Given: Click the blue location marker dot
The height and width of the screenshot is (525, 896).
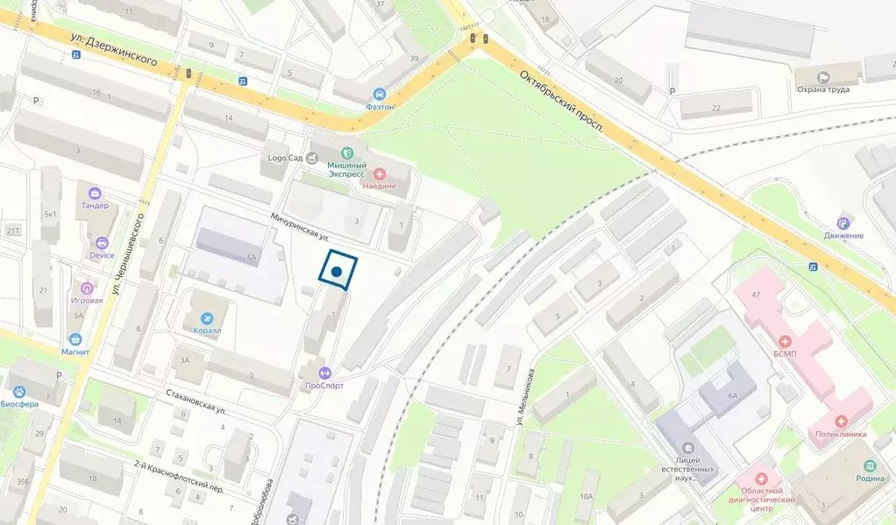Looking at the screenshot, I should [x=336, y=273].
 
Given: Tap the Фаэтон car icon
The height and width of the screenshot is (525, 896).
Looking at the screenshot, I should [x=380, y=94].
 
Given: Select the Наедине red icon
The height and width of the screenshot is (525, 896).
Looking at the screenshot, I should [x=380, y=172].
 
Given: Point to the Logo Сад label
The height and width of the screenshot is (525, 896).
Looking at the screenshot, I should [x=284, y=159].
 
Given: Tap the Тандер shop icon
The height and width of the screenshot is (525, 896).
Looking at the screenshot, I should [x=95, y=193].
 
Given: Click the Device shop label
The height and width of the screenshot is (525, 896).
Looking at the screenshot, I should [x=102, y=255].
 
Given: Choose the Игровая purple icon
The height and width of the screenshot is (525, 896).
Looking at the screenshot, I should [x=87, y=287].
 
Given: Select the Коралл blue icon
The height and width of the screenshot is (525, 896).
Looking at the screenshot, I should [x=207, y=318].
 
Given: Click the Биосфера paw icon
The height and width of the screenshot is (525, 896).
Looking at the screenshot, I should [x=19, y=391].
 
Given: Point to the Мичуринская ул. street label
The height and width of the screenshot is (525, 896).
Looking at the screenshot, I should [x=299, y=227].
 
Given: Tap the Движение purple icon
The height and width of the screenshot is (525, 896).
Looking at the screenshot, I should [x=843, y=223].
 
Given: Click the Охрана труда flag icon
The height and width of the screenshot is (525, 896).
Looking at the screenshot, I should [x=824, y=77].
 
